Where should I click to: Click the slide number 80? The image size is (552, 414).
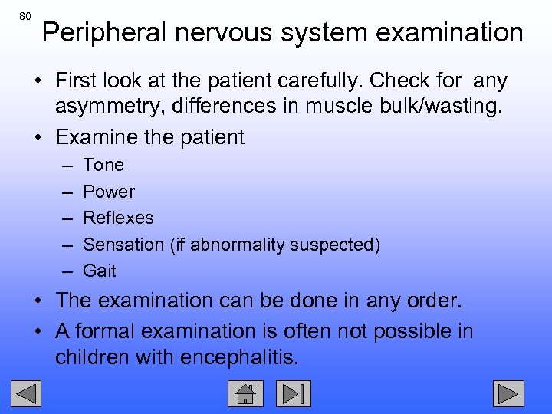click(x=26, y=16)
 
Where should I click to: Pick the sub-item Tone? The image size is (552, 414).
click(x=103, y=165)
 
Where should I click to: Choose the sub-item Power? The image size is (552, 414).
click(x=109, y=192)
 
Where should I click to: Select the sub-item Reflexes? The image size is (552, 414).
click(x=118, y=218)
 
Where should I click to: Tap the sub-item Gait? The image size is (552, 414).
click(x=100, y=271)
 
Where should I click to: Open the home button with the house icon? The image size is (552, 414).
click(x=245, y=394)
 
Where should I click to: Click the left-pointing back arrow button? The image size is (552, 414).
click(x=29, y=394)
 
